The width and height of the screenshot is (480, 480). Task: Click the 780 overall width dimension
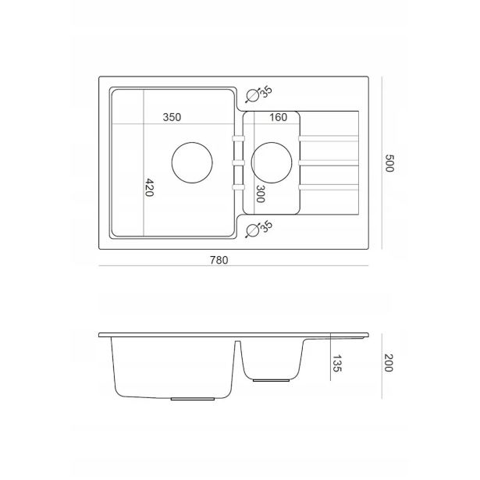(219, 260)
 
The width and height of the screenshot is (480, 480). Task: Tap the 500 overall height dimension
(389, 163)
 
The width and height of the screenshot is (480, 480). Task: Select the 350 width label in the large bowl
(172, 117)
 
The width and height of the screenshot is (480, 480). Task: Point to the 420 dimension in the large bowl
(149, 187)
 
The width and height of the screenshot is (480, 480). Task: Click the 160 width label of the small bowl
(279, 117)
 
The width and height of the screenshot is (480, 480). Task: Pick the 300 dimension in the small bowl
(260, 194)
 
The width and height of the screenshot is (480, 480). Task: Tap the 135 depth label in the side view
(336, 364)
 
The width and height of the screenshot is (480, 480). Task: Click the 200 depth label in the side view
(389, 363)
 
